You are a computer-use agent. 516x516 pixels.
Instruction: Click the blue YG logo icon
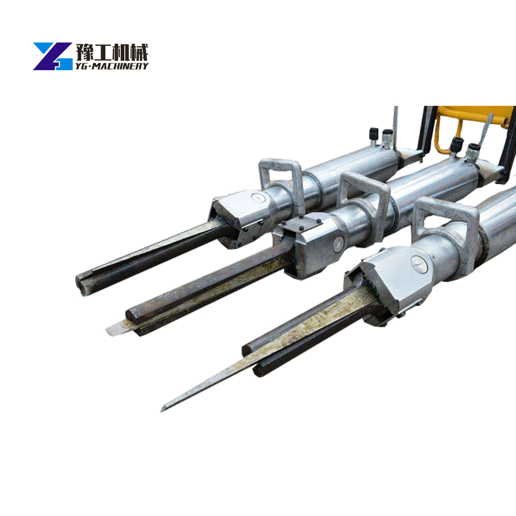tap(52, 56)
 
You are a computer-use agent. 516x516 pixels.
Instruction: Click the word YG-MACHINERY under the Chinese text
tap(111, 66)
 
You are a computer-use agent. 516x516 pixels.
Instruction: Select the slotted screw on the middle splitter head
tap(337, 244)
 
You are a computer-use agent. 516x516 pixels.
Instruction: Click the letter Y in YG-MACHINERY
tap(78, 66)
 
